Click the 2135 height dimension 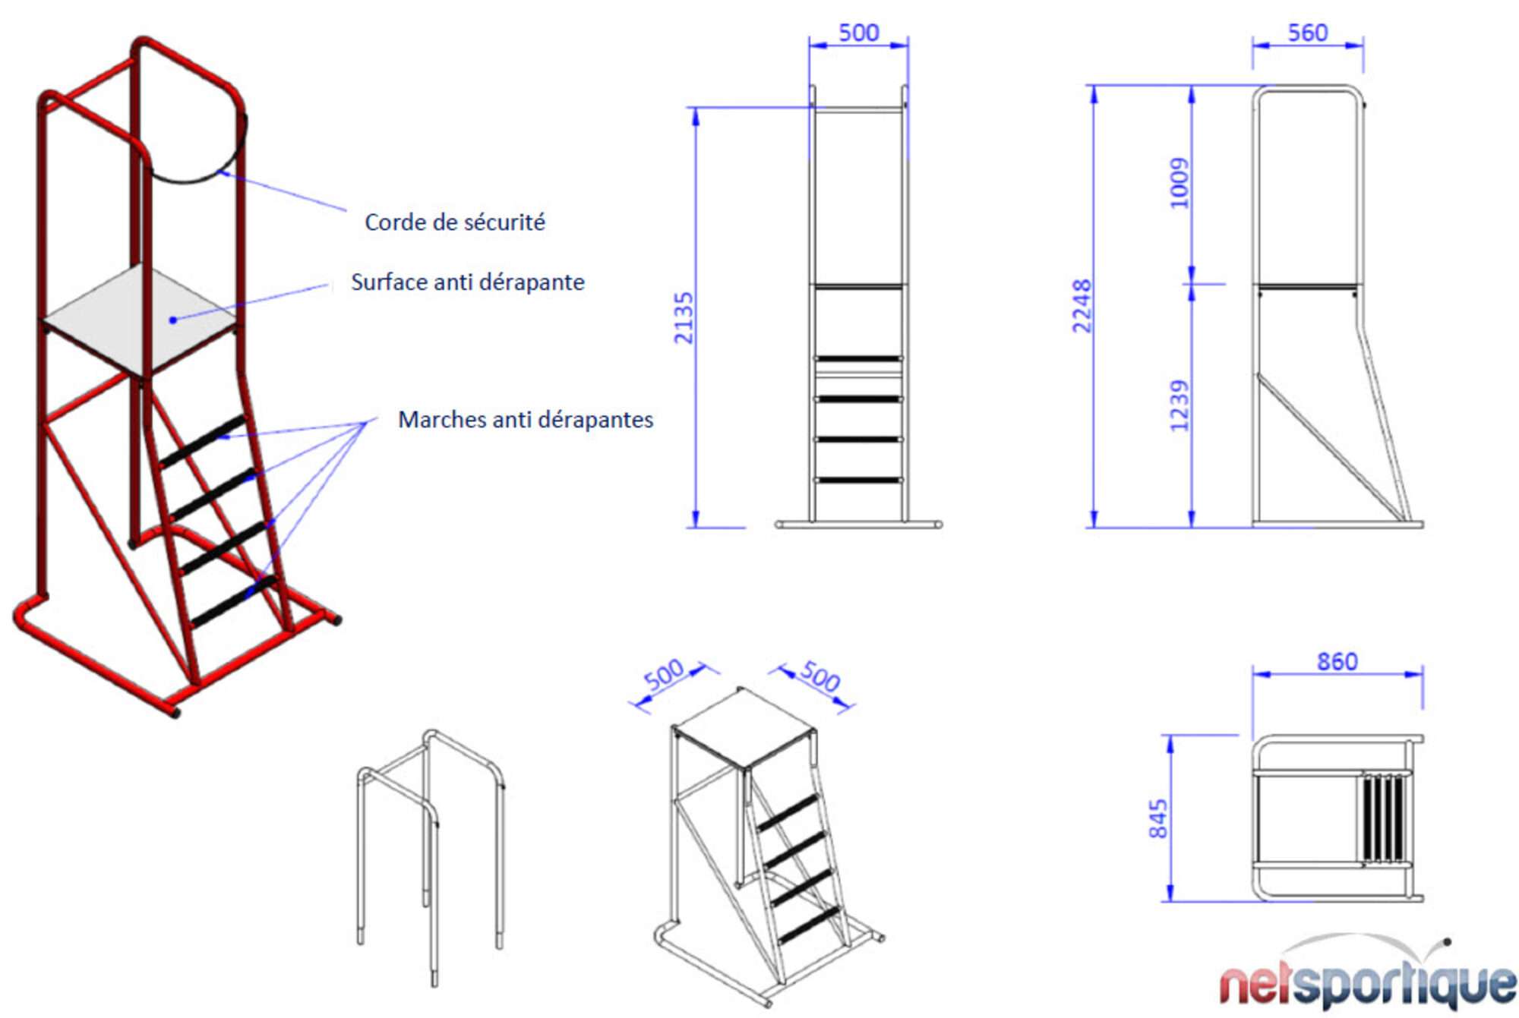(684, 317)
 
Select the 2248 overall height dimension (1082, 306)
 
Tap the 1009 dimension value (1179, 183)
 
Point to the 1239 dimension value (1179, 405)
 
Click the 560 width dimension (1308, 33)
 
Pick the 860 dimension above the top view (1337, 661)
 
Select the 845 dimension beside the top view (1157, 818)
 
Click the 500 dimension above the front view (859, 33)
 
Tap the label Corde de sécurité (455, 222)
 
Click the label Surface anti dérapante (468, 282)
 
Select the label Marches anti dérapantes (526, 420)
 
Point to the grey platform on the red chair (141, 319)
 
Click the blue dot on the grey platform (173, 320)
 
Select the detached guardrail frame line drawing (431, 858)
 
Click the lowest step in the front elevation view (858, 480)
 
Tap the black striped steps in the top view (1382, 818)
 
